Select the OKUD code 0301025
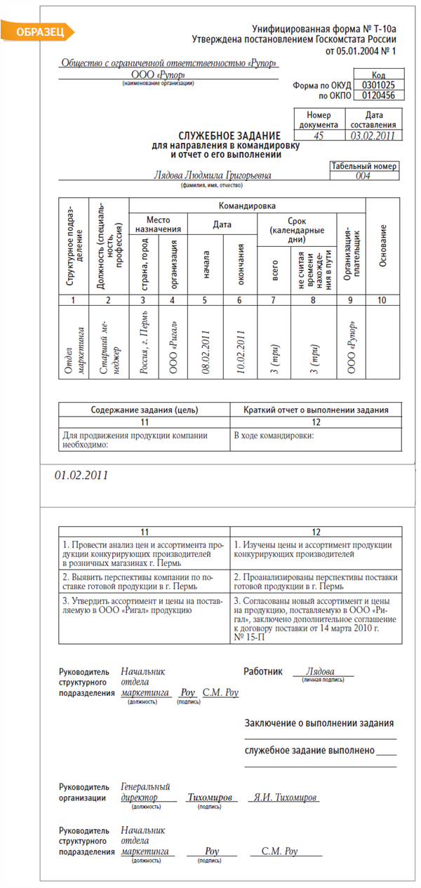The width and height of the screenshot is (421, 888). pos(378,84)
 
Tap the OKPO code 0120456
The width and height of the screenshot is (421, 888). pos(378,95)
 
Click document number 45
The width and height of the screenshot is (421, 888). pos(319,135)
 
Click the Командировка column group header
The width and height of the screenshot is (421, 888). pos(247,206)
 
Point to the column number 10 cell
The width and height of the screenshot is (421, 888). pos(383,300)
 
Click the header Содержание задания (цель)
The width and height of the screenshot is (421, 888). pos(145,410)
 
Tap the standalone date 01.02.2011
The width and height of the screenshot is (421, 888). pos(81,475)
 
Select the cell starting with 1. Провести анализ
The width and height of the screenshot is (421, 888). pos(145,553)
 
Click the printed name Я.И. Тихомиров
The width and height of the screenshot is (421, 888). pos(286,798)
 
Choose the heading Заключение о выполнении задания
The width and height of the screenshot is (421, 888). pos(319,723)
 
